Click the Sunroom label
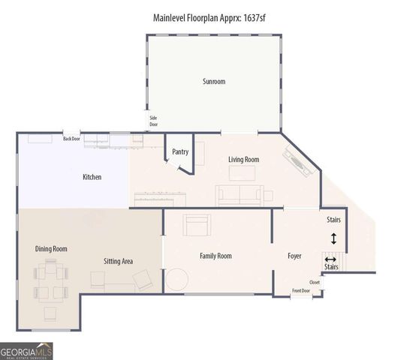(x=214, y=81)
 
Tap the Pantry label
(x=180, y=151)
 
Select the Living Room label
(x=243, y=160)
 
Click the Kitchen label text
(x=92, y=177)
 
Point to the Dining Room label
(x=51, y=248)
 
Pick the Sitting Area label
(x=118, y=261)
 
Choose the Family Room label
(x=216, y=256)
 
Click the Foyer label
(x=294, y=256)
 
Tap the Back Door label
(x=71, y=138)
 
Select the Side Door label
(x=153, y=121)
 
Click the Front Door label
(x=301, y=290)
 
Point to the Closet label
(x=314, y=283)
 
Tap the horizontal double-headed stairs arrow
(x=330, y=259)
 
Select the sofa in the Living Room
(x=239, y=195)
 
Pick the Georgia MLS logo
(x=27, y=351)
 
